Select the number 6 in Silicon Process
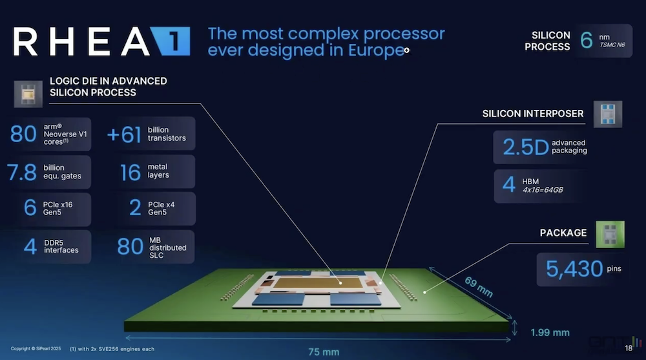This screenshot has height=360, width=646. click(586, 40)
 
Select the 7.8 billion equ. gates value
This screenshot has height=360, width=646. click(22, 172)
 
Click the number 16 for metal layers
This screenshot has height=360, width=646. click(130, 172)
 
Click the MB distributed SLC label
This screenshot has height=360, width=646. click(167, 247)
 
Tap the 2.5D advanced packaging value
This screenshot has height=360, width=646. click(520, 147)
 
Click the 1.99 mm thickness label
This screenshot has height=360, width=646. click(549, 333)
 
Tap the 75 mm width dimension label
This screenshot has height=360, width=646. click(323, 352)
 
